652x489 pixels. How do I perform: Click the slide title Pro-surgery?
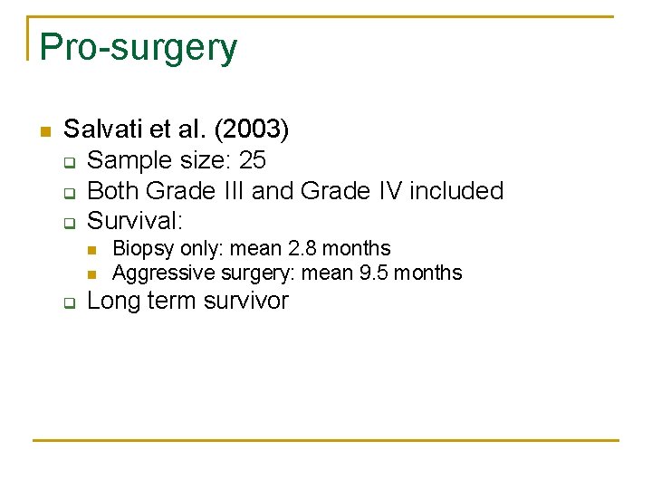coord(139,47)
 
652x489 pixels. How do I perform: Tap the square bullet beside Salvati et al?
coord(43,131)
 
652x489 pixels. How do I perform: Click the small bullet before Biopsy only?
coord(93,249)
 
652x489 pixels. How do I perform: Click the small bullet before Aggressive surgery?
coord(93,273)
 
